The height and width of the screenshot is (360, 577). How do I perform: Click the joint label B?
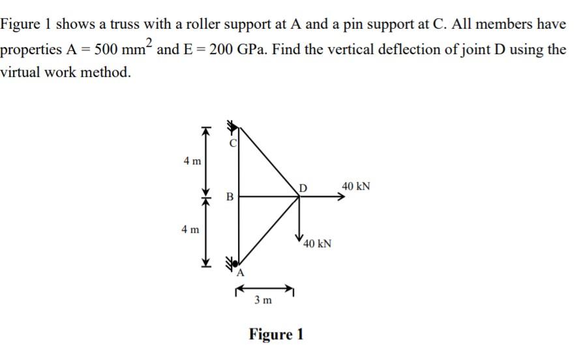pos(228,196)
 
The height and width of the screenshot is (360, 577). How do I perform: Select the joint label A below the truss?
pos(240,273)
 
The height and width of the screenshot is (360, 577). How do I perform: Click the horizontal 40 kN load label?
pos(356,187)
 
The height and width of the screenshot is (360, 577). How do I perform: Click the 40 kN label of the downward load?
pos(318,244)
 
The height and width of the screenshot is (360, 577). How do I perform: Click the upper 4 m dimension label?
pos(192,160)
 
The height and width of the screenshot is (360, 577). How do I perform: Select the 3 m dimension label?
pos(263,300)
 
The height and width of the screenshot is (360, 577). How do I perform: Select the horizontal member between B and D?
pos(267,194)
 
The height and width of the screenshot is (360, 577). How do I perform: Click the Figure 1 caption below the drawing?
pos(276,335)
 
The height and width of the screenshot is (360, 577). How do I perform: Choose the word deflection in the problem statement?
pos(415,50)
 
